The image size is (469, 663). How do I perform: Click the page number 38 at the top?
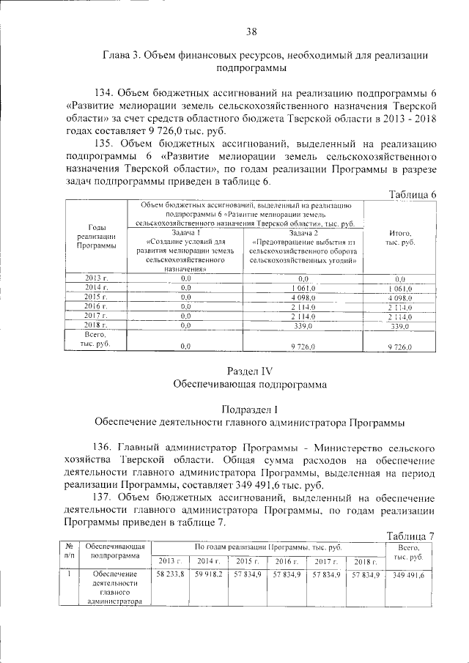[251, 31]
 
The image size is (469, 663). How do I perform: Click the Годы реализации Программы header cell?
[96, 237]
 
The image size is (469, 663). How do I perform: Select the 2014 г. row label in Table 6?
[96, 288]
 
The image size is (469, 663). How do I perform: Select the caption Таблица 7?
[410, 536]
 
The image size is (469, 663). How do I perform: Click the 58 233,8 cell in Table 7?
[170, 576]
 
